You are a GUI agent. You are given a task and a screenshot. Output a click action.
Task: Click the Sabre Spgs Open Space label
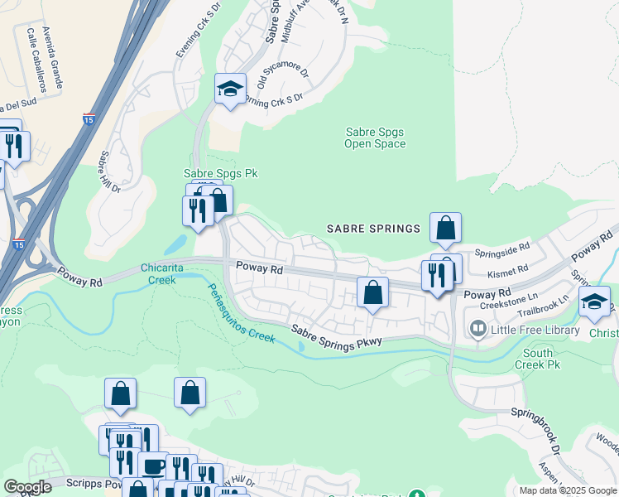click(x=375, y=138)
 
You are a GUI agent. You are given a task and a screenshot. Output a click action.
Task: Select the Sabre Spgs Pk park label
click(x=209, y=173)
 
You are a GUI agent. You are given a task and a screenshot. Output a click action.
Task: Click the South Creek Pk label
click(x=538, y=359)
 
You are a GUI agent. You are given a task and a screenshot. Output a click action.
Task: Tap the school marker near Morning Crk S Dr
click(x=229, y=89)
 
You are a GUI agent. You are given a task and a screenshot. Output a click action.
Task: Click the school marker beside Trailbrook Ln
click(x=593, y=302)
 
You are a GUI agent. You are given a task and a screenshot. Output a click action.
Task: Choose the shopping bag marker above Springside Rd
click(x=445, y=229)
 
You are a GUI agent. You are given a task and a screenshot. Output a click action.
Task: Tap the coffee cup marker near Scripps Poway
click(x=153, y=466)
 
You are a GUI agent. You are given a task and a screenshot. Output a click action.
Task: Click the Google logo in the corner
click(x=28, y=487)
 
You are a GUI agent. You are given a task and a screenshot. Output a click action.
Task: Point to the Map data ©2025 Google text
click(x=567, y=490)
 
